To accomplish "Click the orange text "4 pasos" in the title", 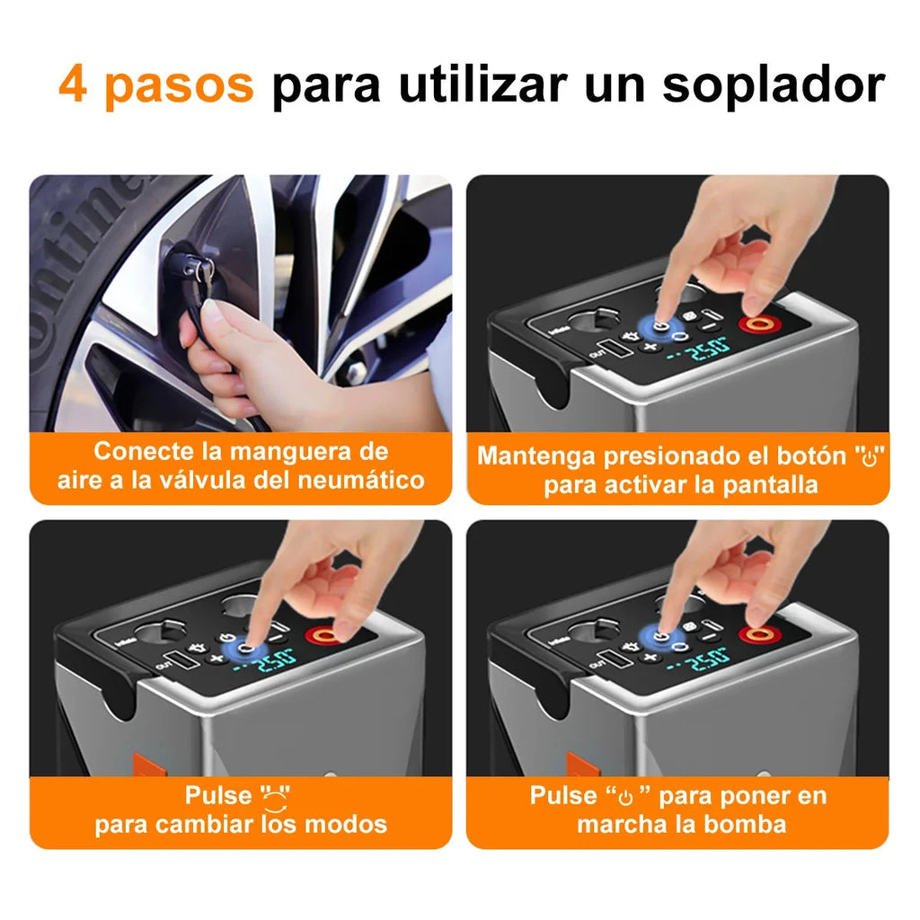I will [156, 84].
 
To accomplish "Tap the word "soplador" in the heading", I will [774, 84].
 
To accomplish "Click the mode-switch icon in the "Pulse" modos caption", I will [276, 796].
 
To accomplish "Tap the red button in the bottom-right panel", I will [756, 635].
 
